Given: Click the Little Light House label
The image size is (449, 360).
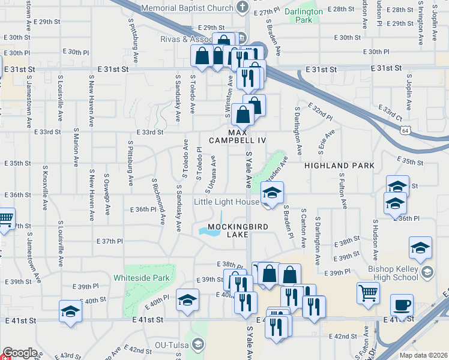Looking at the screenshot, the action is click(x=226, y=202).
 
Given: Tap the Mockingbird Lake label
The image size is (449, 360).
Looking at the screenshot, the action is click(x=228, y=231).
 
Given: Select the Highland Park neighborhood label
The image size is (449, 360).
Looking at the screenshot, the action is click(x=339, y=165).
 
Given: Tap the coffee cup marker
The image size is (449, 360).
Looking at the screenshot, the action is click(x=402, y=304).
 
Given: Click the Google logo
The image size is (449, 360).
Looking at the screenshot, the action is click(x=20, y=353).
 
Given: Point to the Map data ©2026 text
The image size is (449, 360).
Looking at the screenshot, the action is click(x=424, y=355).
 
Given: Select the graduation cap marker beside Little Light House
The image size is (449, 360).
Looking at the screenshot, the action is click(x=272, y=193).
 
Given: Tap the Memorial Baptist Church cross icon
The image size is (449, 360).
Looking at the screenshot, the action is click(x=242, y=7).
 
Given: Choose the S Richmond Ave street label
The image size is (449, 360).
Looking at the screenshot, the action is click(x=158, y=200).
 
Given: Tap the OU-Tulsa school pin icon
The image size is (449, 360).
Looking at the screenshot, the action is click(x=198, y=344).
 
